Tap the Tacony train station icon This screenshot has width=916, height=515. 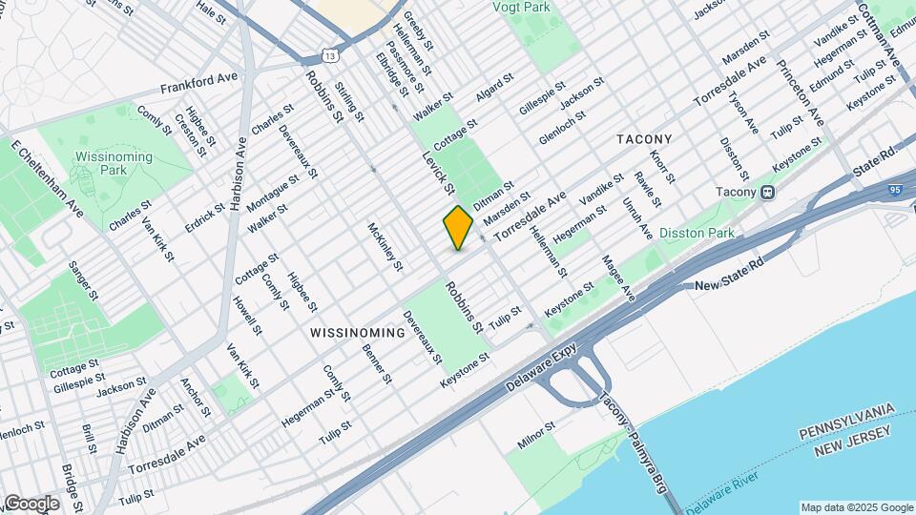pos(767,192)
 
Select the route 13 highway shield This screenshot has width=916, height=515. pos(330,57)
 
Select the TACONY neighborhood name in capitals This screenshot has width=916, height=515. pos(644,139)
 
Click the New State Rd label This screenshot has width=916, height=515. pos(732,286)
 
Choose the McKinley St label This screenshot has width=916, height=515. pos(385,246)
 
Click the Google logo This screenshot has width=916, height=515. pos(31,504)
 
